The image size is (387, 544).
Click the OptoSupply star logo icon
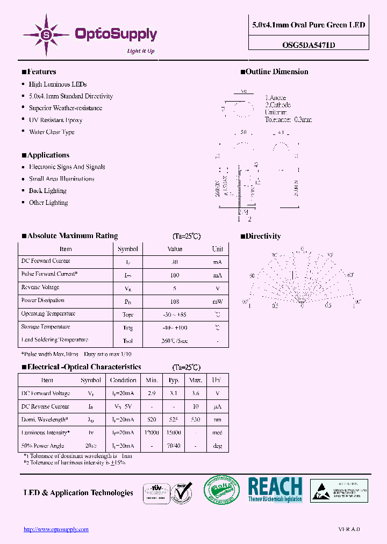pos(46,34)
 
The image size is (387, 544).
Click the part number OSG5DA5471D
pos(309,45)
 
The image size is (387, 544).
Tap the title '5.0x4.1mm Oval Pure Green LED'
pos(309,25)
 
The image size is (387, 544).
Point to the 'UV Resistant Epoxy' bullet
pos(55,120)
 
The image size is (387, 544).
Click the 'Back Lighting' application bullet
pos(47,191)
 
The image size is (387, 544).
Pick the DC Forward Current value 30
pos(175,262)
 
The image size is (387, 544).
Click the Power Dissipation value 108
pos(175,302)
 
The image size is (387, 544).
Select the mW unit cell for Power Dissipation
pos(217,302)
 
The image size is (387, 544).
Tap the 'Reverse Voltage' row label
pos(40,288)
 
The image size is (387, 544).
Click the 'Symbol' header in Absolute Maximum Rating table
pos(128,249)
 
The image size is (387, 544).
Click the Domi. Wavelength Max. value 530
pos(196,420)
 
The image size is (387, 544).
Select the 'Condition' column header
pos(123,380)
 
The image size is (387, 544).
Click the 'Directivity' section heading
pos(263,236)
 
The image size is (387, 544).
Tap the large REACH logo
pos(275,489)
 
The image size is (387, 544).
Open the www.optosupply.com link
pos(56,529)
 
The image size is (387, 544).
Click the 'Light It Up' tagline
pos(140,51)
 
